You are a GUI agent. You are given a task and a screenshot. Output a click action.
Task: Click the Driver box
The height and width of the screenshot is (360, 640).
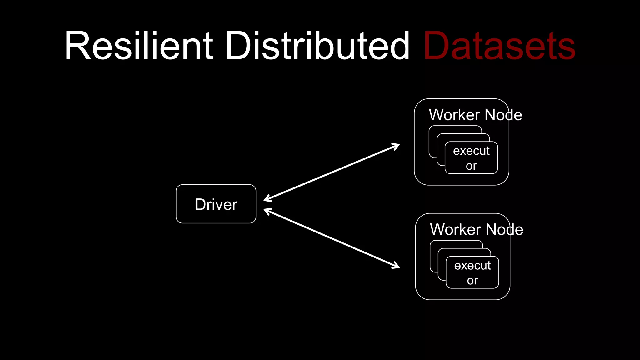point(216,204)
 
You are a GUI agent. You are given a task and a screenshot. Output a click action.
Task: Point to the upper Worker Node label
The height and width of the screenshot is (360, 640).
point(475,115)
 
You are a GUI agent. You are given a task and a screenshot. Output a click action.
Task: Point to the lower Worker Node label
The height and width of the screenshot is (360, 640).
point(477,229)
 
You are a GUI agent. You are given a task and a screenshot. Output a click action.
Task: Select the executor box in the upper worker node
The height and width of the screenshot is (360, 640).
point(471,158)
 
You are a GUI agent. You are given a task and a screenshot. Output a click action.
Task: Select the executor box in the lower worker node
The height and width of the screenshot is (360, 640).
point(472,272)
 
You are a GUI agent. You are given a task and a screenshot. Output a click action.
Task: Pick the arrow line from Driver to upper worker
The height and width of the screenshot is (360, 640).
point(331,172)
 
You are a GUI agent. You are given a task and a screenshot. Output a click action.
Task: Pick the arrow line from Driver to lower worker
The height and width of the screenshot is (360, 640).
point(331,238)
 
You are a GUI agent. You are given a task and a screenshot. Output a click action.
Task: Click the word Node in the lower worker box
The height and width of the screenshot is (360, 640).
point(504,229)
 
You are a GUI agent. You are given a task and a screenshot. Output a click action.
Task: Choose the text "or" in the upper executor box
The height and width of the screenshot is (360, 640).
point(471,166)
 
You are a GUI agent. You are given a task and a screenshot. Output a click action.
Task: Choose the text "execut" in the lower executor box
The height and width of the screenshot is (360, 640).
point(472,265)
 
